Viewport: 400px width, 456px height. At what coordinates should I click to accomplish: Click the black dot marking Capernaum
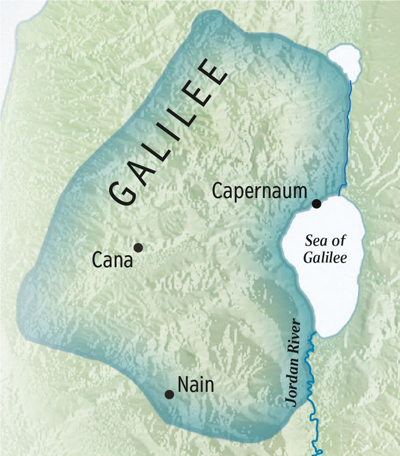click(x=316, y=204)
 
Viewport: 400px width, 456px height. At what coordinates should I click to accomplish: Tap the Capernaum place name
click(x=259, y=191)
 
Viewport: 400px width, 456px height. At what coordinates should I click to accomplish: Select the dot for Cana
click(x=138, y=248)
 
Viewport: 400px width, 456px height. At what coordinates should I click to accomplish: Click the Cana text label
click(x=112, y=260)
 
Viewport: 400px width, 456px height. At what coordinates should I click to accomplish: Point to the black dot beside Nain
click(x=169, y=394)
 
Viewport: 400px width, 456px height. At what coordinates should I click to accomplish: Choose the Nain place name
click(x=196, y=385)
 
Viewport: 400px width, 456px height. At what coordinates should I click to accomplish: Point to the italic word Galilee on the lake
click(x=325, y=258)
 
